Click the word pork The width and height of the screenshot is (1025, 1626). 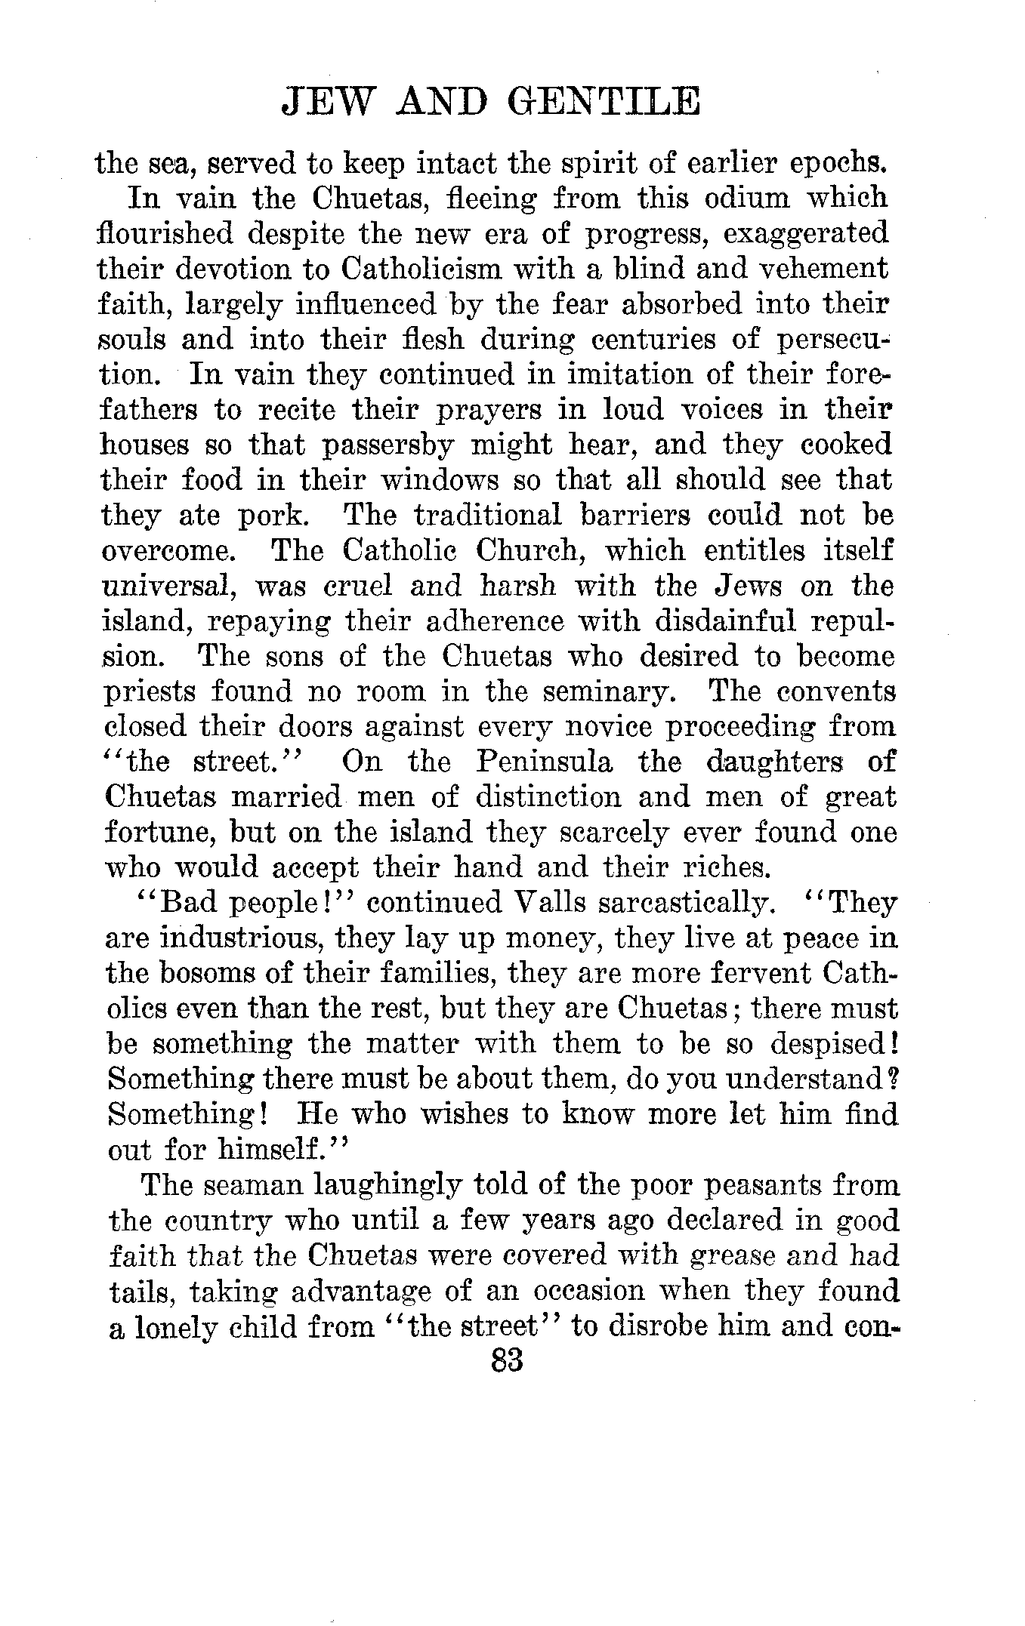[273, 516]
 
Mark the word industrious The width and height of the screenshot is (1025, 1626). [236, 938]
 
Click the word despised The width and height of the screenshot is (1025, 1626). [829, 1044]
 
